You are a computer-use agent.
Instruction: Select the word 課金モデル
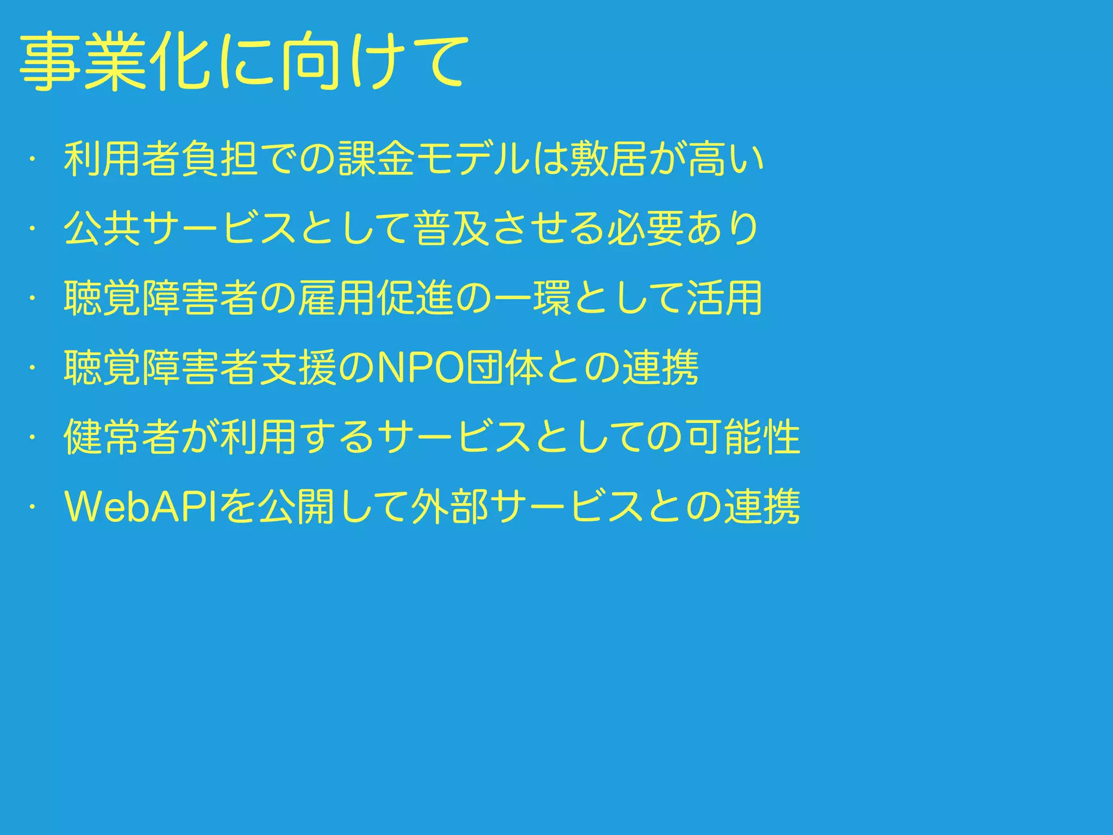(434, 159)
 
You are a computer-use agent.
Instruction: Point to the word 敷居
(609, 159)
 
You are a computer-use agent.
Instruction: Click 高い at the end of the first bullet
(726, 159)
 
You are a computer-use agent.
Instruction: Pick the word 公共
(103, 228)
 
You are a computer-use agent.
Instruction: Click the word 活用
(726, 298)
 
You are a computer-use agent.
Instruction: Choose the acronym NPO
(421, 367)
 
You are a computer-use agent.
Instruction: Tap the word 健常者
(122, 437)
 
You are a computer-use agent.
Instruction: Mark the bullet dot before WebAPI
(33, 507)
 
